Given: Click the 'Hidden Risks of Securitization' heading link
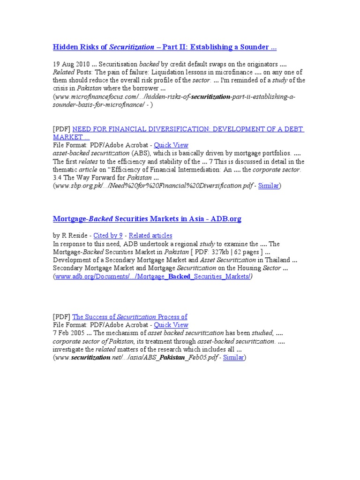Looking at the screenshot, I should point(164,47).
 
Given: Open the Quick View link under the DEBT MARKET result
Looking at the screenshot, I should point(171,145).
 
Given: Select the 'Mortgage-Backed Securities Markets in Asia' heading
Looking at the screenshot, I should point(147,219).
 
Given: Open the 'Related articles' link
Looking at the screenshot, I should point(150,236).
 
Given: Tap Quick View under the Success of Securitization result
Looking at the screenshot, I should point(171,325).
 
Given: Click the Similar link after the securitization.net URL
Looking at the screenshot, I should point(233,358).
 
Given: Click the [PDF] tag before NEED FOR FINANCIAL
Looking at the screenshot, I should point(61,129).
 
